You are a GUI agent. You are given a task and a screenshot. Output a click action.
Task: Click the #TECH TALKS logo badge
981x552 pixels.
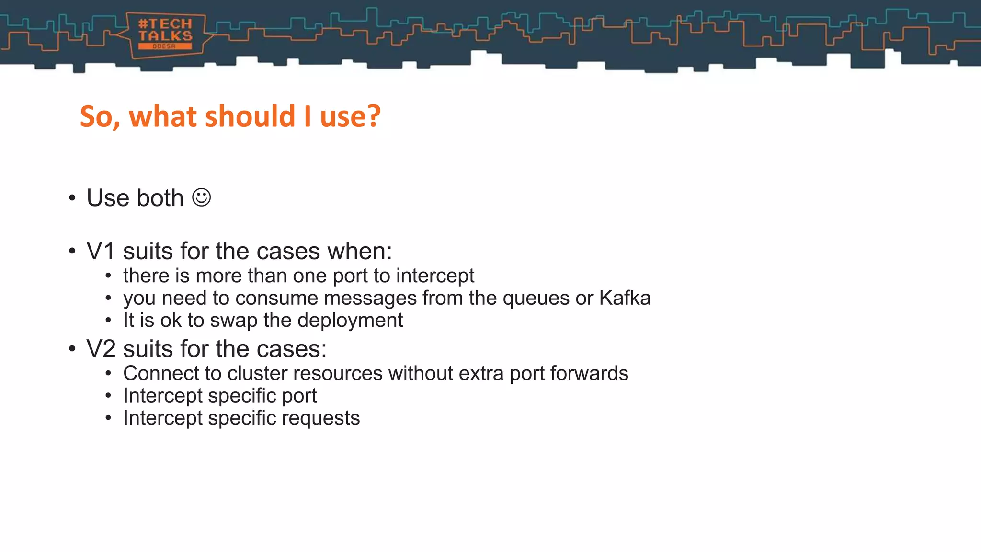point(165,34)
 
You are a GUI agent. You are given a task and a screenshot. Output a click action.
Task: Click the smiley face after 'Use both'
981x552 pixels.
point(201,197)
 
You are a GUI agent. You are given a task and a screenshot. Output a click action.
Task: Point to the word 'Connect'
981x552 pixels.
point(157,373)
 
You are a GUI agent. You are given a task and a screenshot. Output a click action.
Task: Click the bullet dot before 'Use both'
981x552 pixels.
point(72,198)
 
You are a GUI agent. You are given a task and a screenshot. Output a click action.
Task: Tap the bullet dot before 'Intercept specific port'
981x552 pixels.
point(108,396)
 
